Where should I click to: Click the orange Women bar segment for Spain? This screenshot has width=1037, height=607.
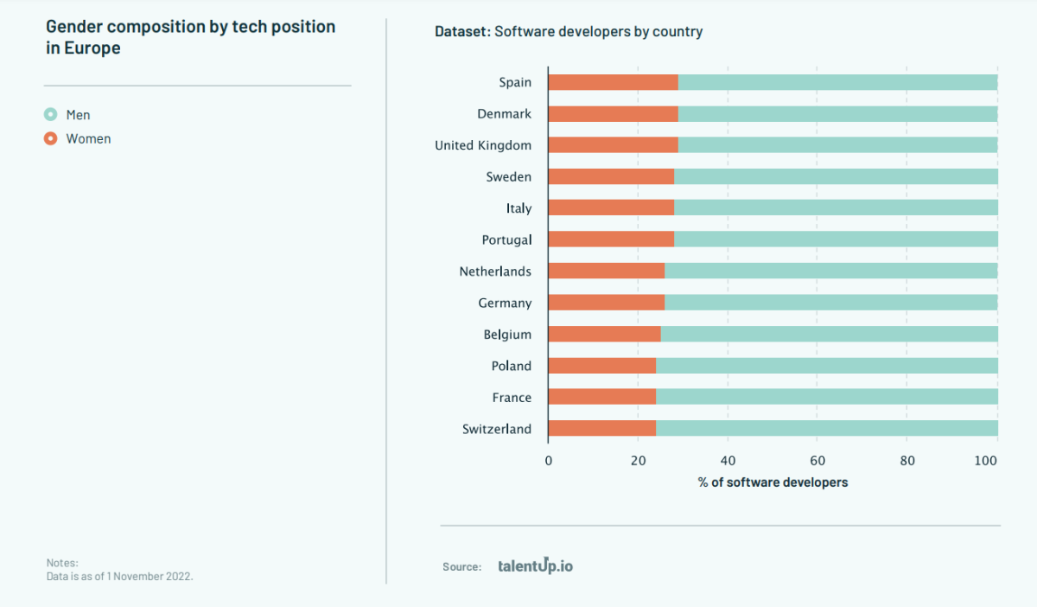[x=613, y=82]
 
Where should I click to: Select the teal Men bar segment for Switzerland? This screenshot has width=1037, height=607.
[x=826, y=428]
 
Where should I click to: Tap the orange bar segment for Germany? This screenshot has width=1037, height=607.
[x=606, y=303]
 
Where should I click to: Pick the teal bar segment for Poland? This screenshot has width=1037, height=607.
[x=826, y=366]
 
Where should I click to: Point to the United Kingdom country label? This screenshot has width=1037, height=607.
[x=483, y=145]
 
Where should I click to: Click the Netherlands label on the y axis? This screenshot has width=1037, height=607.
[x=495, y=272]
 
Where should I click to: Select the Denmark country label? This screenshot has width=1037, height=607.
[x=504, y=114]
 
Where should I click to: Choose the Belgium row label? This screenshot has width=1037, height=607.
[x=507, y=335]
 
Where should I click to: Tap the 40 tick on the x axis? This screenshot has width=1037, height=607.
[x=728, y=461]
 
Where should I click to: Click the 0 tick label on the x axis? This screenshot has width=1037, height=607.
[x=549, y=461]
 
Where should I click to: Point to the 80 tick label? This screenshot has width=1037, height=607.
[x=907, y=461]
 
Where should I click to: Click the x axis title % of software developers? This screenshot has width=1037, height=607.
[x=773, y=482]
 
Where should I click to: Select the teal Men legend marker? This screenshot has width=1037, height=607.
[x=51, y=115]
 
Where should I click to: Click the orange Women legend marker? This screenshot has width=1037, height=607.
[x=51, y=139]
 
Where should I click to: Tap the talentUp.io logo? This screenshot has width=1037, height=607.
[x=535, y=566]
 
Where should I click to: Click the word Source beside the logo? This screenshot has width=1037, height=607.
[x=461, y=567]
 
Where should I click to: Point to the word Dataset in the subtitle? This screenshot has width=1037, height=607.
[x=461, y=32]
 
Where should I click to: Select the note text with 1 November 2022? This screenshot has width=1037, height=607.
[x=119, y=575]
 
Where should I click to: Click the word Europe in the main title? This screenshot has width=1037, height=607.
[x=92, y=48]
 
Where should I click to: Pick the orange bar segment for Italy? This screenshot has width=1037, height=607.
[x=611, y=208]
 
